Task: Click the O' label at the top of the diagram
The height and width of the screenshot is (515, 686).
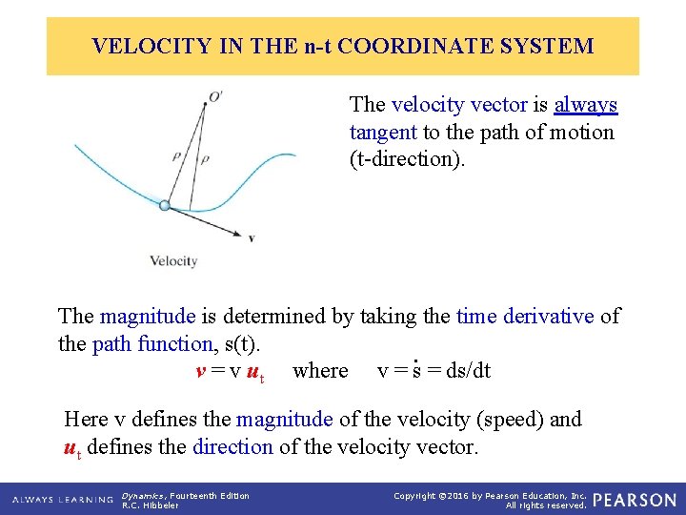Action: click(216, 95)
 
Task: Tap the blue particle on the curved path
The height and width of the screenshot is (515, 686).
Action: click(165, 205)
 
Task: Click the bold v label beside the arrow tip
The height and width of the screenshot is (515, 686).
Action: click(251, 237)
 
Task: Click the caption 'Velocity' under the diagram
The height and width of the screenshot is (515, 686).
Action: click(172, 261)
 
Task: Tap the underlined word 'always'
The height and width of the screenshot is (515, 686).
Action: click(585, 105)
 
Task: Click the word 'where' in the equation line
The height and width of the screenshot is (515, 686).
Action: click(320, 370)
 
